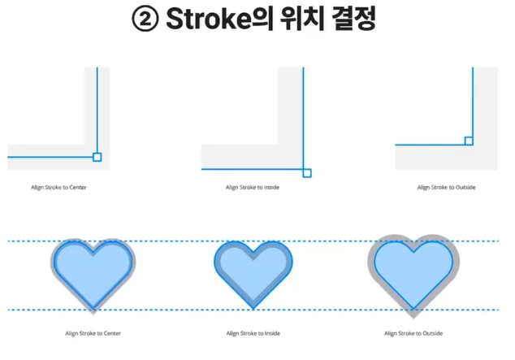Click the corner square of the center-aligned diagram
point(97,157)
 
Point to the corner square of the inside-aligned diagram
point(306,171)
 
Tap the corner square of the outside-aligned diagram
point(469,141)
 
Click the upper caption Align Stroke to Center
point(58,188)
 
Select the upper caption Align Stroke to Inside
point(253,188)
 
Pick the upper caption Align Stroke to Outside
point(446,188)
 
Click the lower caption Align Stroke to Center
point(93,333)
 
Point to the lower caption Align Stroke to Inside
point(253,333)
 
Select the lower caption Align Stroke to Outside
point(414,333)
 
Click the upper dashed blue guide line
point(179,241)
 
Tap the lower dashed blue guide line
point(179,310)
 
